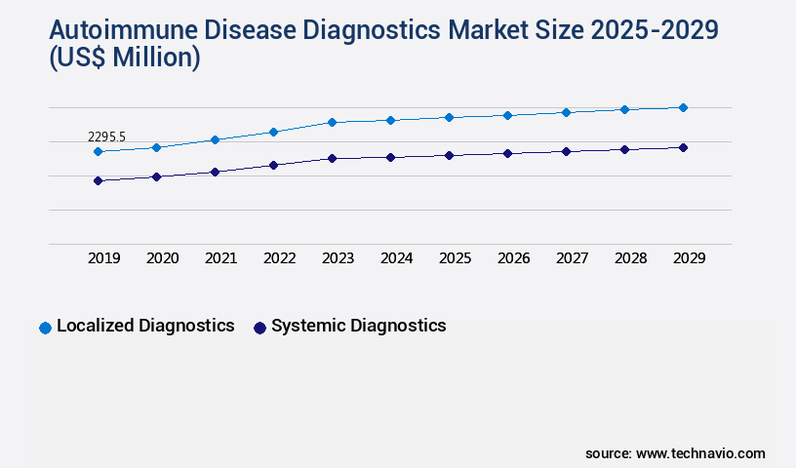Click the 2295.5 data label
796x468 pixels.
[106, 137]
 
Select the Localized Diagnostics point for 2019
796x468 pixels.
[98, 152]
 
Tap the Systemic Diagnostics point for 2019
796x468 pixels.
[98, 180]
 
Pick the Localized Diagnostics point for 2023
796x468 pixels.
[332, 122]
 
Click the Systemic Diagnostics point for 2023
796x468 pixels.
[332, 158]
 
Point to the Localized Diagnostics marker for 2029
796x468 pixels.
[683, 107]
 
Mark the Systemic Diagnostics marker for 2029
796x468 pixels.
[683, 147]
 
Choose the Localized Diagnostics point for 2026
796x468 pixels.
[507, 115]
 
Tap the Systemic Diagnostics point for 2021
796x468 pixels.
[215, 172]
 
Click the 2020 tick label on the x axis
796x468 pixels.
[162, 258]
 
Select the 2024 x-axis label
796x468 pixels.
[396, 258]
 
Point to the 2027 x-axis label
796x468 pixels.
[572, 258]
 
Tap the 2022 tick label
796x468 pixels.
[279, 258]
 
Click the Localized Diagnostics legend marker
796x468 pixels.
[45, 328]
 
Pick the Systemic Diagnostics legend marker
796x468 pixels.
[259, 328]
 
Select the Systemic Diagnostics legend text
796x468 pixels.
[358, 326]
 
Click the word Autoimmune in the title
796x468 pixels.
[108, 30]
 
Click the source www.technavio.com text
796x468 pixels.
[675, 453]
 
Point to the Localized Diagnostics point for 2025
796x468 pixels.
[449, 117]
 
